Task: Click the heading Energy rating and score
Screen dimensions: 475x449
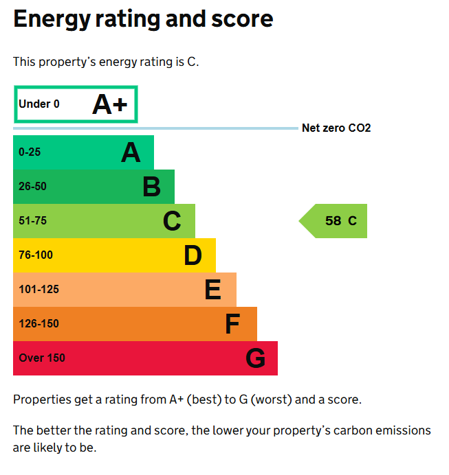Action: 143,19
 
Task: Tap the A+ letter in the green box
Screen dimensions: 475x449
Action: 110,104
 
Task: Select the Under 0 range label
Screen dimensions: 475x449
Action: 39,104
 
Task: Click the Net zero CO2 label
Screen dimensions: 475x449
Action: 336,128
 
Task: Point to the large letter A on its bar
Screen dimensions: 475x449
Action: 131,152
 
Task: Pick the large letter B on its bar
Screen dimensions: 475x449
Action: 151,187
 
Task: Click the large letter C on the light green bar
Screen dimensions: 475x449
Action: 172,221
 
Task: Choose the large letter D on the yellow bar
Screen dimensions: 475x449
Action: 193,255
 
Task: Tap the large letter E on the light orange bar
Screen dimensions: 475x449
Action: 213,290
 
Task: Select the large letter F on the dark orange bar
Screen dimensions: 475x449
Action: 233,324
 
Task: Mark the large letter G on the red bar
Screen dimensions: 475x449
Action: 255,358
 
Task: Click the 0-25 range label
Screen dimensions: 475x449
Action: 30,152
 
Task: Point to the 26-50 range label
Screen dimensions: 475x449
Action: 32,187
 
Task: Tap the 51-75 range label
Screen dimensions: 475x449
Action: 32,221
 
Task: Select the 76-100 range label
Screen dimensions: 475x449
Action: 36,255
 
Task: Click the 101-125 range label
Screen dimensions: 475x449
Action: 39,290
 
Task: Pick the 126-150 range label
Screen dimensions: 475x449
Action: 39,324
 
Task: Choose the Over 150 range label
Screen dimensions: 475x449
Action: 42,358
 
